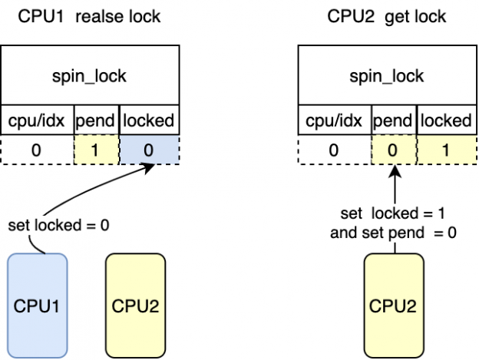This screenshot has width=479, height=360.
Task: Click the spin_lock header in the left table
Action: click(x=91, y=76)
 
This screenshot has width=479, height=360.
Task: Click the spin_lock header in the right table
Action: click(x=386, y=76)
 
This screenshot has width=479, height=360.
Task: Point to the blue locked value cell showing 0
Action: click(x=150, y=150)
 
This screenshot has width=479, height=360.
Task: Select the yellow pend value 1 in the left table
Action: click(x=97, y=150)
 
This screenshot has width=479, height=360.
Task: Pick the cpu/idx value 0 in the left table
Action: click(x=37, y=150)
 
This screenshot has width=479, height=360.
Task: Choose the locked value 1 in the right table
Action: click(x=445, y=150)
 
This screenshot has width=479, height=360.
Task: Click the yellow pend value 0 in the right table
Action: click(x=393, y=150)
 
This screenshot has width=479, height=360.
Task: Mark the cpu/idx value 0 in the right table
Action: click(x=333, y=150)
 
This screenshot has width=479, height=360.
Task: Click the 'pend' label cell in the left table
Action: click(x=97, y=121)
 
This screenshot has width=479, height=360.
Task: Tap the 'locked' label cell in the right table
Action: click(x=445, y=121)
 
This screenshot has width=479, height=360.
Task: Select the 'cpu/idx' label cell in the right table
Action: click(x=333, y=121)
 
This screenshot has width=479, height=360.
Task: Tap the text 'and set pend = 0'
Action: click(x=394, y=232)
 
